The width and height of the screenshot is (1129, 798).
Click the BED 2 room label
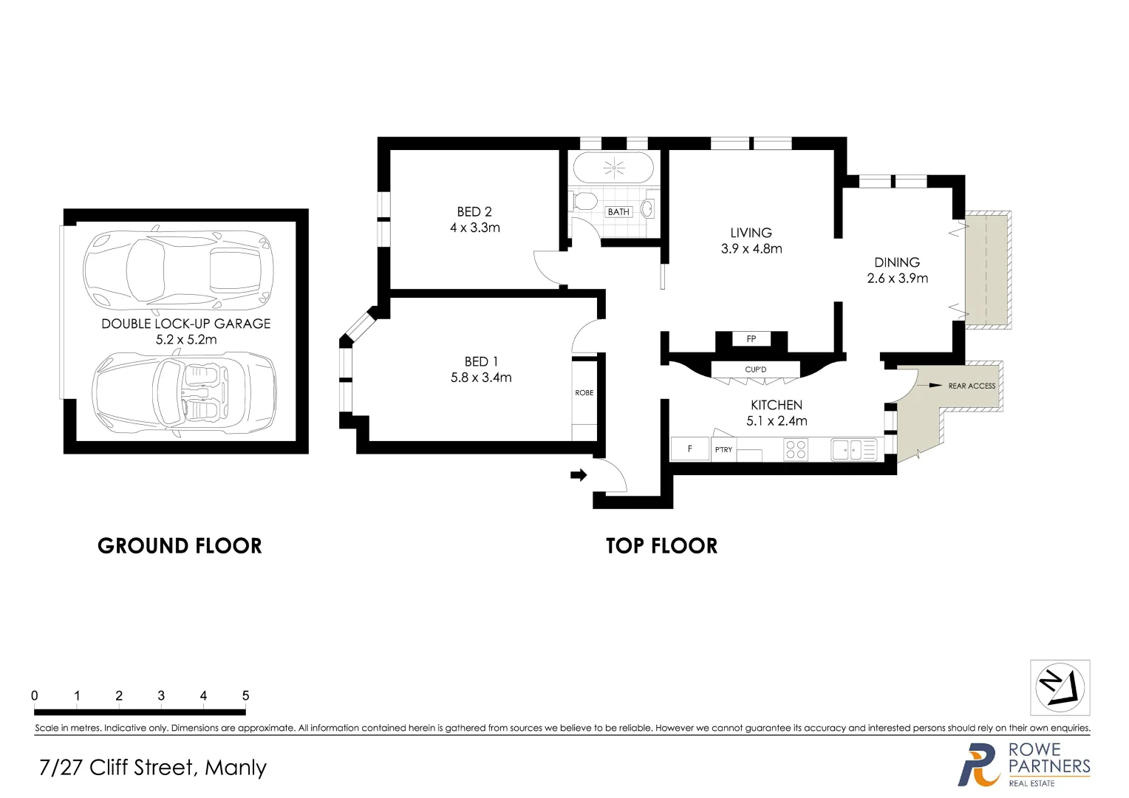coord(474,212)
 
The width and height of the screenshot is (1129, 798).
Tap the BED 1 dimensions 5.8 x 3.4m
coord(481,378)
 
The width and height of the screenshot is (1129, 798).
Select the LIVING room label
coord(751,233)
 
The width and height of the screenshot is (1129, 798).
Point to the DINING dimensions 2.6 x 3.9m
coord(897,279)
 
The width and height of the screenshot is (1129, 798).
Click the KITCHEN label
coord(776,405)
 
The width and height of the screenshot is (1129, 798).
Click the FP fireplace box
coord(751,339)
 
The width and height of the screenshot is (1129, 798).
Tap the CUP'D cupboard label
coord(755,369)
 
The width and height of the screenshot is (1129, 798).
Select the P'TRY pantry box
coord(723,449)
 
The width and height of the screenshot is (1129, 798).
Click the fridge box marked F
coord(689,449)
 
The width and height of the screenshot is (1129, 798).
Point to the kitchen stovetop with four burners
coord(795,449)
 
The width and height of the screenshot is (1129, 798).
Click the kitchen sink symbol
coord(854,449)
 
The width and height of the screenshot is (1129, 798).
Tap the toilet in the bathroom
coord(584,201)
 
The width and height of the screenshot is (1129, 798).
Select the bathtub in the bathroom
coord(613,168)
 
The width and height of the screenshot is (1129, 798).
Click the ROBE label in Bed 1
coord(584,393)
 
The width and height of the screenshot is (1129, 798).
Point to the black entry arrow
coord(579,475)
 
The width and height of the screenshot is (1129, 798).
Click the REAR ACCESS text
coord(971,386)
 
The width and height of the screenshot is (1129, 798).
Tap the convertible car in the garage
coord(184,392)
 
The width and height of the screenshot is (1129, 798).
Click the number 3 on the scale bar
coord(161,695)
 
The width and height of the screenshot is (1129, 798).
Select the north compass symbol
coord(1060,687)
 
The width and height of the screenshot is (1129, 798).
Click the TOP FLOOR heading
coord(661,546)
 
